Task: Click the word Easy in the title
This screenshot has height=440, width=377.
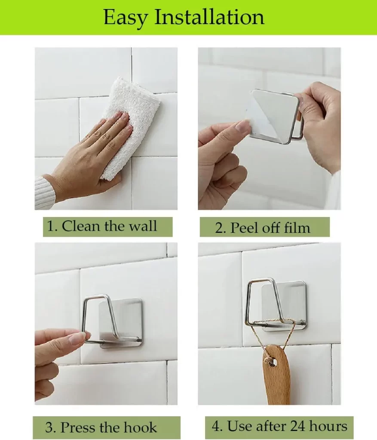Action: click(126, 18)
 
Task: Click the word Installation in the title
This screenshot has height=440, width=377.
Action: click(209, 17)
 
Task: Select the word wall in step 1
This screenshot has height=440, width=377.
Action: click(142, 226)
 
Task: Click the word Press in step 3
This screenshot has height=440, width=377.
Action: click(78, 428)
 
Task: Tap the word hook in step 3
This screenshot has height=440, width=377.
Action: click(140, 428)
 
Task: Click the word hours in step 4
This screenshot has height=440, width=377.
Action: click(328, 426)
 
